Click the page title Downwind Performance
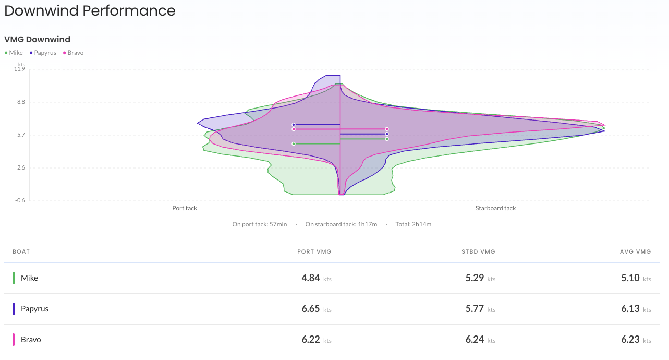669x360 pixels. click(90, 10)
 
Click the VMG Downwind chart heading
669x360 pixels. click(37, 39)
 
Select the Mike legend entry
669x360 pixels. click(16, 53)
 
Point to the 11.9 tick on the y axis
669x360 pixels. click(19, 69)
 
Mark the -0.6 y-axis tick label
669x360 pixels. click(19, 200)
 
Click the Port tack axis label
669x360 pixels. click(185, 208)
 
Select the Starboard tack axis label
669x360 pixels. click(495, 208)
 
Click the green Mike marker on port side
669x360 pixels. click(294, 143)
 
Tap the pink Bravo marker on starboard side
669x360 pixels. click(387, 129)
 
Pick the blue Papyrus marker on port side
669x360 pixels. click(294, 125)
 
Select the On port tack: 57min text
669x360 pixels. click(260, 224)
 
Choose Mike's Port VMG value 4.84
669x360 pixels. click(311, 278)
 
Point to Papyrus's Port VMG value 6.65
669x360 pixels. click(311, 309)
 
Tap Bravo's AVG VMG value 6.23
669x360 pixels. click(630, 340)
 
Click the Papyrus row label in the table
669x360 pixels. click(34, 309)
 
